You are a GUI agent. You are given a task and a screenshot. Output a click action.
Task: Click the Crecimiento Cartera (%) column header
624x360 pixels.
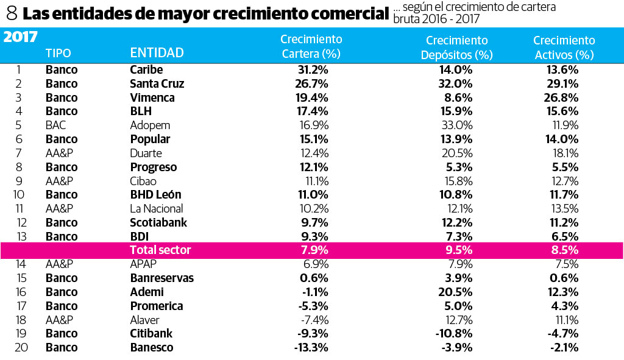click(311, 46)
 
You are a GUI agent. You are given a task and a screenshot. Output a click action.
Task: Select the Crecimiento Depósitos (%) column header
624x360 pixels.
click(456, 48)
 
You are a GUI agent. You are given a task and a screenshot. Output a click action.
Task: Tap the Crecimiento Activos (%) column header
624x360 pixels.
click(564, 48)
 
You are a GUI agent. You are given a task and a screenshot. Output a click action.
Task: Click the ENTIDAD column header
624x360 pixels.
click(157, 53)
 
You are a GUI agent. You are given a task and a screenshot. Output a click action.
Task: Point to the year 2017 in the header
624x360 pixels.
click(21, 37)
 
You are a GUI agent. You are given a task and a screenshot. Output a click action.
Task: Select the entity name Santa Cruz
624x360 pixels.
click(157, 83)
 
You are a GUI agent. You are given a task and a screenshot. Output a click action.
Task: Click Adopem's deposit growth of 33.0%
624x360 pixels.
click(457, 125)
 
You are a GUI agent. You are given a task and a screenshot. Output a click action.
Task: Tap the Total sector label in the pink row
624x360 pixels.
click(160, 250)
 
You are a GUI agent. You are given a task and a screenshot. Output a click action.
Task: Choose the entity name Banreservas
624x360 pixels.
click(161, 278)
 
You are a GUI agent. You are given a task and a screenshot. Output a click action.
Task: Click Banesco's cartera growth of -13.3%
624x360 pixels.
click(311, 347)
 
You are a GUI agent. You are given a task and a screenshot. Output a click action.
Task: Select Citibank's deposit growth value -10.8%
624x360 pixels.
click(454, 333)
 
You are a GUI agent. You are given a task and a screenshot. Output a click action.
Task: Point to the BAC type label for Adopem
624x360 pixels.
click(55, 125)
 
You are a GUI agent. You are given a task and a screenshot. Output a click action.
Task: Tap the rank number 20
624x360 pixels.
click(18, 347)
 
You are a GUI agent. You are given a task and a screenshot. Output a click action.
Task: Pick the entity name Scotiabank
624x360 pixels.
click(158, 222)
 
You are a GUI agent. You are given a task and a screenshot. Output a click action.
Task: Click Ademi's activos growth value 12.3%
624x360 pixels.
click(562, 292)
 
